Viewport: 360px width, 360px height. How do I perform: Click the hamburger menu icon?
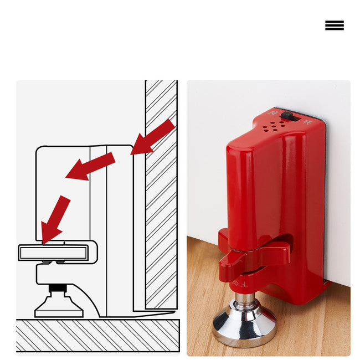coord(334,25)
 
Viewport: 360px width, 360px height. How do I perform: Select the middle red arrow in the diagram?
coord(90,167)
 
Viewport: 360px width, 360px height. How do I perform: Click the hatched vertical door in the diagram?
coord(161,194)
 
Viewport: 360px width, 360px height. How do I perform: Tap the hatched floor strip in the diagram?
coord(97,335)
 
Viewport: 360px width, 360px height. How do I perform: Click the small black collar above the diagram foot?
coord(56,288)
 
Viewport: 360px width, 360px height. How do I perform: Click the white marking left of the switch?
coord(272,112)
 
